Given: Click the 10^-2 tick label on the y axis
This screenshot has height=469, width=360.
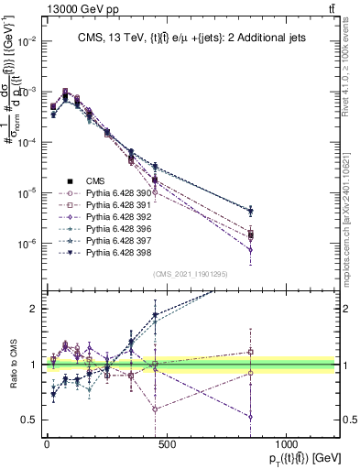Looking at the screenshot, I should click(x=25, y=42).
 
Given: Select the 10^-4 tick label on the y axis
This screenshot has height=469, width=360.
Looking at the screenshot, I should click(x=25, y=143).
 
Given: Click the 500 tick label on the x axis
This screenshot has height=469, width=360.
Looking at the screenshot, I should click(x=166, y=443).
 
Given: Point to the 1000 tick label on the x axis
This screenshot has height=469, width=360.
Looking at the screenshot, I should click(x=286, y=443).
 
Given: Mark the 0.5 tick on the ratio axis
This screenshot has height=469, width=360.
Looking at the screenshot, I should click(x=29, y=420).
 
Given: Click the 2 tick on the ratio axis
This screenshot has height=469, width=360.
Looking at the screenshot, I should click(x=33, y=309).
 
